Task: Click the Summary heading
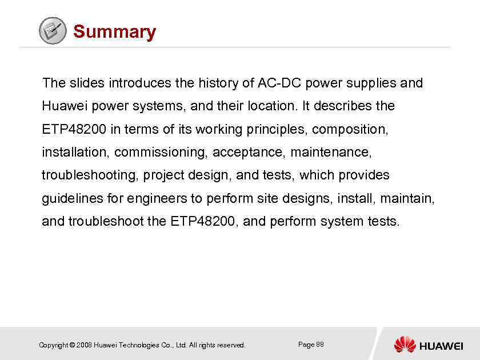click(x=114, y=31)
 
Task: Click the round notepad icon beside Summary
click(x=53, y=31)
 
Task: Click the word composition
click(x=350, y=130)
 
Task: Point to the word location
click(x=273, y=106)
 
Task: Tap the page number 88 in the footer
click(x=320, y=344)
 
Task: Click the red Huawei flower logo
click(x=405, y=344)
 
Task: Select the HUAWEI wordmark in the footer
click(x=441, y=345)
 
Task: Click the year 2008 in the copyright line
click(x=83, y=345)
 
